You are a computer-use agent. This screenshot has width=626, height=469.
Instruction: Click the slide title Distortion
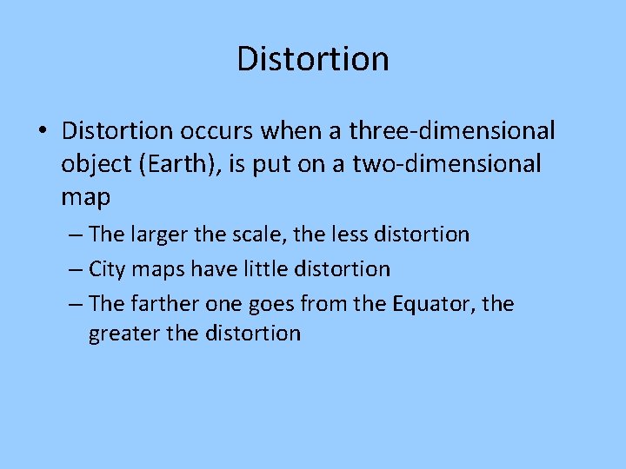click(x=312, y=59)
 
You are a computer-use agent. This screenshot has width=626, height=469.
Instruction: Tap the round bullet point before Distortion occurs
click(x=42, y=133)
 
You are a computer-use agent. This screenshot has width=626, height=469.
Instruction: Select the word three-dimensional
click(x=452, y=131)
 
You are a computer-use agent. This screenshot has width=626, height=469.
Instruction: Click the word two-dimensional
click(x=446, y=164)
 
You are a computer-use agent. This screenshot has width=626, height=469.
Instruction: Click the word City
click(x=107, y=269)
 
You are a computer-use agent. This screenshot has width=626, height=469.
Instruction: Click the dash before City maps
click(x=74, y=270)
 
